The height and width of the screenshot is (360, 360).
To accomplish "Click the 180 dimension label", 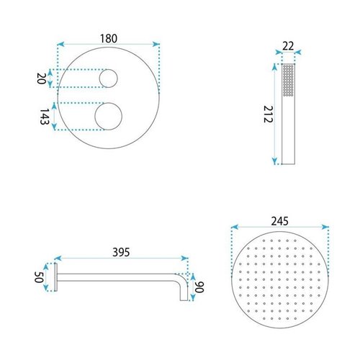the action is pyautogui.click(x=109, y=39).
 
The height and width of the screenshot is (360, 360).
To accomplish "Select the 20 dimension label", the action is pyautogui.click(x=41, y=78).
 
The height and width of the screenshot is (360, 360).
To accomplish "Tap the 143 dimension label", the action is pyautogui.click(x=45, y=117).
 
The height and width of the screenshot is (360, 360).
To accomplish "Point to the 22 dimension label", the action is pyautogui.click(x=288, y=46).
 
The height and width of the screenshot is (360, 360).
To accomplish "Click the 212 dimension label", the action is pyautogui.click(x=268, y=114).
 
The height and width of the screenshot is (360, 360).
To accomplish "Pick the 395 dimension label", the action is pyautogui.click(x=121, y=252).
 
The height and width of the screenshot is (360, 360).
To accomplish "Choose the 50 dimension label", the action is pyautogui.click(x=39, y=277).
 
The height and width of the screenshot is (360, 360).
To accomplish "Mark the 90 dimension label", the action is pyautogui.click(x=199, y=287).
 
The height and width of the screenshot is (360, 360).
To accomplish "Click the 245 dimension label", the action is pyautogui.click(x=280, y=221).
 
